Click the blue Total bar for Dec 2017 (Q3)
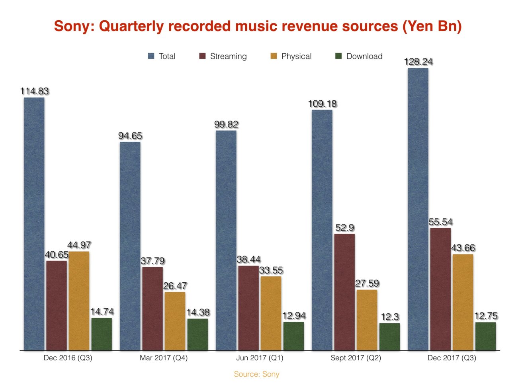click(418, 209)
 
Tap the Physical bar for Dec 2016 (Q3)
click(79, 301)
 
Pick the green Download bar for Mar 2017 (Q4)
click(197, 334)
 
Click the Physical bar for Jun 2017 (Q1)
click(271, 313)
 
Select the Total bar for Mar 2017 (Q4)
click(130, 246)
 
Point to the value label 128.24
click(418, 62)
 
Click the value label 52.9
click(344, 228)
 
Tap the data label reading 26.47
click(175, 286)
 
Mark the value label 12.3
click(389, 317)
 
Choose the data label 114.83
click(35, 91)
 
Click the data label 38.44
click(248, 260)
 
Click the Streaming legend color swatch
click(202, 56)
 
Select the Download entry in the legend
click(364, 56)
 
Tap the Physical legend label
click(296, 56)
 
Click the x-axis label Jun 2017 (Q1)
click(260, 358)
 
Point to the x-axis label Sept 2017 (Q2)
click(356, 358)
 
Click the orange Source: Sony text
click(256, 374)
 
